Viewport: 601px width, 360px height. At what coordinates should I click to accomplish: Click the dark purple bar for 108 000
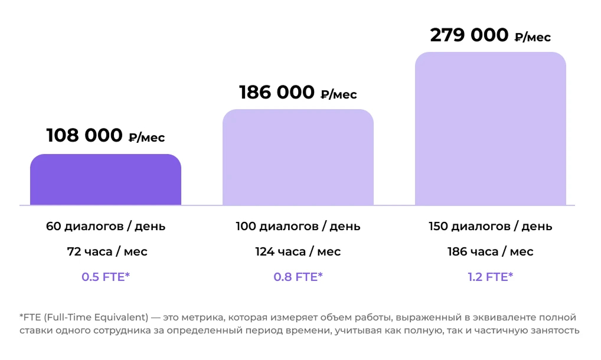pos(106,180)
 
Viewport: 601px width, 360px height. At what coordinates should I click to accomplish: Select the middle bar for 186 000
pos(298,158)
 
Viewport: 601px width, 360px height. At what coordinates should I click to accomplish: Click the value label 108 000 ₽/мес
pos(106,136)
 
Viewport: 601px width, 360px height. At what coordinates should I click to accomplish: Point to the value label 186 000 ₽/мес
pos(298,93)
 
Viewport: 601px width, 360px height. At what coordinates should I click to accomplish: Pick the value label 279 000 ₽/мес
pos(491,35)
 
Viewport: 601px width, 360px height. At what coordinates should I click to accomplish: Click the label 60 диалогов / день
pos(106,226)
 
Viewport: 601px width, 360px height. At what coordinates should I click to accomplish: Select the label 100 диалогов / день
pos(298,226)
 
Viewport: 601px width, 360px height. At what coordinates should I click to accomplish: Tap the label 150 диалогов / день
pos(491,226)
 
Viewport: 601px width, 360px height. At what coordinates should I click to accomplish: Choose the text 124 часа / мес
pos(298,252)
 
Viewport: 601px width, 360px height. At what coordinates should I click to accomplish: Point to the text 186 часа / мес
pos(491,252)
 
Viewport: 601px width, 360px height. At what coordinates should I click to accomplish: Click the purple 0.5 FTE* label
pos(106,277)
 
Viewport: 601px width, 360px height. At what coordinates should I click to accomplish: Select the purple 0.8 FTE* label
pos(298,277)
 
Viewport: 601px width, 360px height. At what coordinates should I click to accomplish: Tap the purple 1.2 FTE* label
pos(491,277)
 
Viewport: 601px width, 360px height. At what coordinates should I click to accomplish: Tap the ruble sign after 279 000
pos(519,38)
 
